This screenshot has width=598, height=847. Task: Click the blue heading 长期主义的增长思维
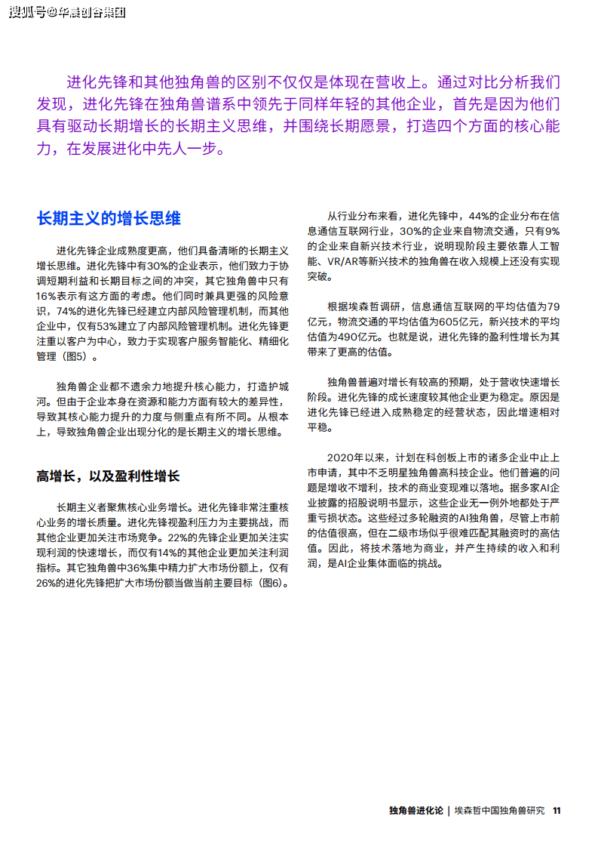coord(109,219)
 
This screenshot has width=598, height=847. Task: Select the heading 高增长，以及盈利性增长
coord(109,476)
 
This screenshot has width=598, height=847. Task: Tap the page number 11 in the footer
coord(557,811)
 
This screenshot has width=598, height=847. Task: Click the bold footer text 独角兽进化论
coord(416,811)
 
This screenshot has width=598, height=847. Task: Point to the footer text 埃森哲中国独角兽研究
coord(499,811)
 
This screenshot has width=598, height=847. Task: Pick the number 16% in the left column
coord(47,296)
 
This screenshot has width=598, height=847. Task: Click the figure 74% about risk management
coord(69,311)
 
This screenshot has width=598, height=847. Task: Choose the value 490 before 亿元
coord(347,337)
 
